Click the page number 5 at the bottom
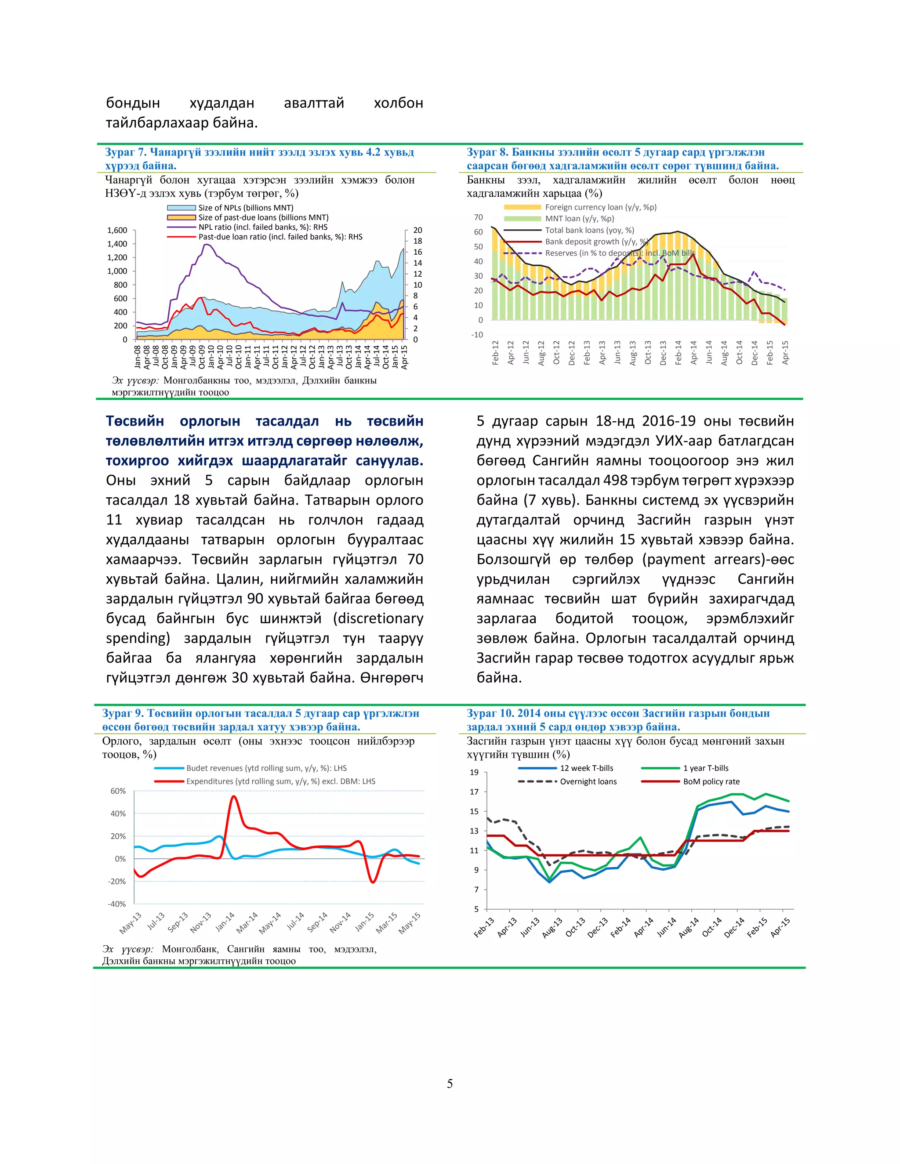[450, 1084]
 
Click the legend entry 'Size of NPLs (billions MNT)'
[245, 208]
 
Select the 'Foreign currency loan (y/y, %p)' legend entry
[600, 207]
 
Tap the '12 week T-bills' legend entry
[586, 768]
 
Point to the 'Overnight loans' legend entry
[588, 781]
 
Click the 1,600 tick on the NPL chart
[117, 230]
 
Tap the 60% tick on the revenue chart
[118, 791]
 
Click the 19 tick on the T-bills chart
[474, 772]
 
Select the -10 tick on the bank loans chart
[477, 335]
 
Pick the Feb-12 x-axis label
[495, 352]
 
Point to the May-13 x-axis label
[131, 922]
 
